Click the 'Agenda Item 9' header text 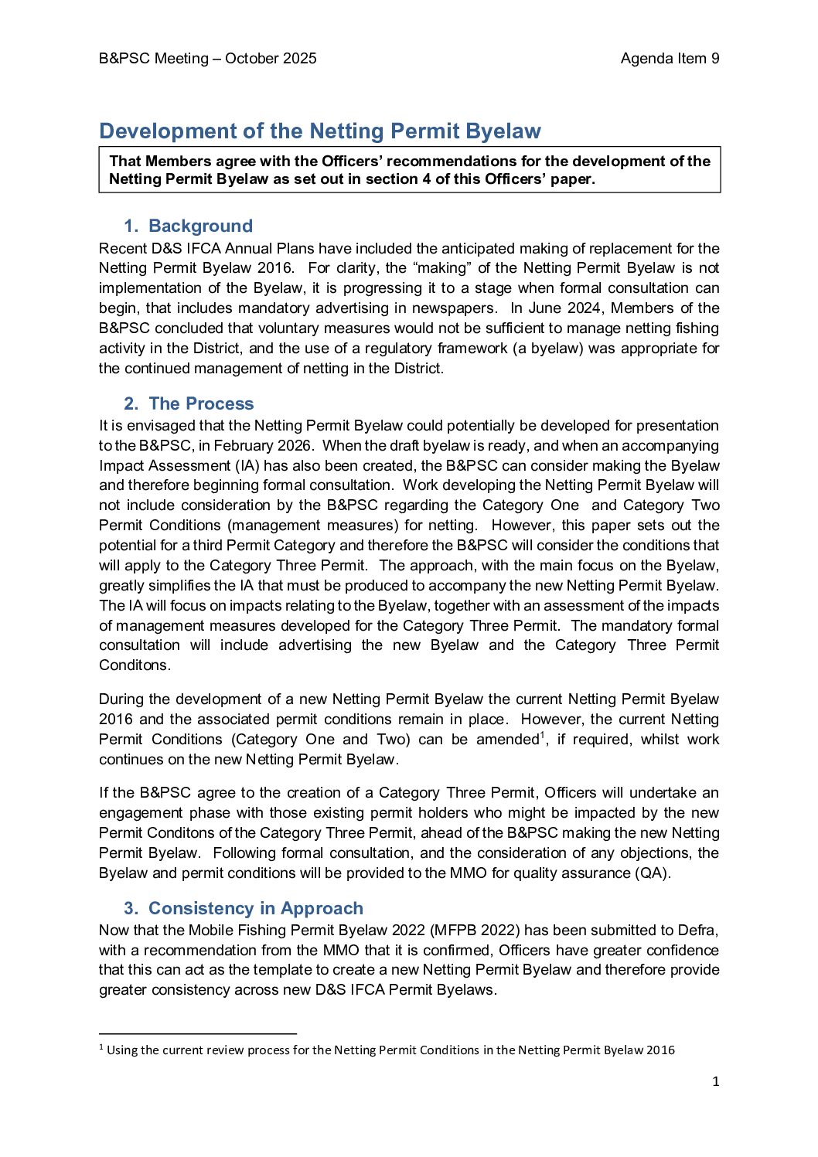tap(670, 59)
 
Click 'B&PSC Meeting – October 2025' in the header tap(207, 59)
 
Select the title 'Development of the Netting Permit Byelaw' tap(320, 131)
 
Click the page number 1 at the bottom tap(715, 1081)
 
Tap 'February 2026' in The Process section tap(261, 446)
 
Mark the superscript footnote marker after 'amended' tap(542, 734)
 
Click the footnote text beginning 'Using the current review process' tap(390, 1050)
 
